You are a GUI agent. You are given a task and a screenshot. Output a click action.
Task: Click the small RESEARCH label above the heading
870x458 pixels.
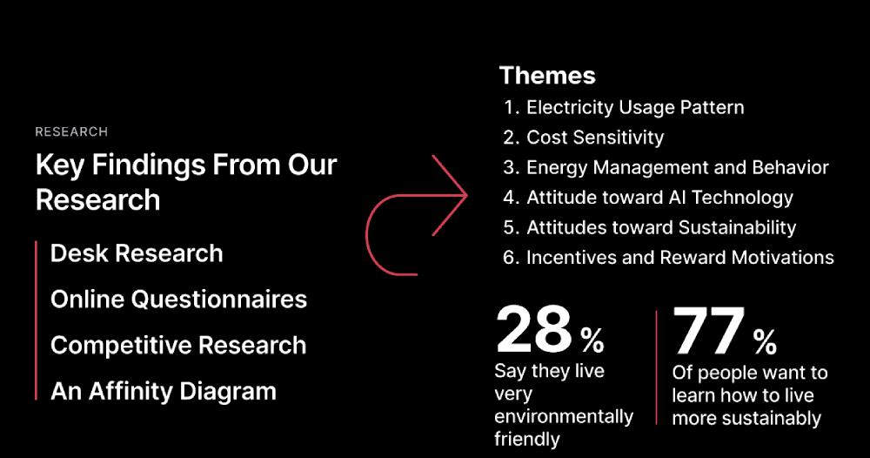(x=71, y=132)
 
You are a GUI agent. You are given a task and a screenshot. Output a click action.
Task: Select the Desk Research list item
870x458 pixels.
(x=137, y=253)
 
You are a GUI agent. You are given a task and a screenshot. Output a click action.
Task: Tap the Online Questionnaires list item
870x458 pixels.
(x=178, y=300)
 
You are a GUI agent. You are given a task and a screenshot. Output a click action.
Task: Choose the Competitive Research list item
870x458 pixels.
(x=178, y=345)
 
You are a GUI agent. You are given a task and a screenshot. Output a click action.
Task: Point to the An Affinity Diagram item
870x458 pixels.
(x=164, y=391)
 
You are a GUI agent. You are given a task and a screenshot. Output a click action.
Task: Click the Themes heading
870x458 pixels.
(x=547, y=76)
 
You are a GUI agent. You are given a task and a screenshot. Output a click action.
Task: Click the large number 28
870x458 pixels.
(x=533, y=330)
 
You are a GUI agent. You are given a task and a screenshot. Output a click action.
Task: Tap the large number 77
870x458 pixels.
(x=709, y=331)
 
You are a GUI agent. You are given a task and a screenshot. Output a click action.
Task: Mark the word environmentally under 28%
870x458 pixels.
(x=564, y=417)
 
